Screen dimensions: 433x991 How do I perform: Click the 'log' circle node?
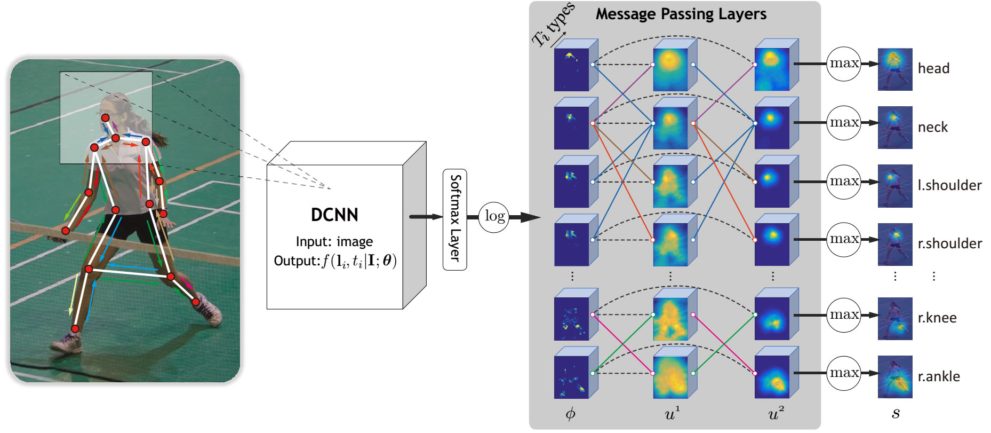coord(494,217)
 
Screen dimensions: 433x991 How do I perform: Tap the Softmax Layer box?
coord(454,219)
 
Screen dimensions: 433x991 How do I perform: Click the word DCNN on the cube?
coord(334,215)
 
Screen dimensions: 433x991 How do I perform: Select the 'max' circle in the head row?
coord(844,64)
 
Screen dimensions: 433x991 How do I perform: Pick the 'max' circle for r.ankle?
coord(844,373)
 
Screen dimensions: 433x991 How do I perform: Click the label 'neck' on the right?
coord(932,127)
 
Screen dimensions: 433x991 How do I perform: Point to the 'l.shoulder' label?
coord(949,185)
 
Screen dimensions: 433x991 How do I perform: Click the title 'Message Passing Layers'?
coord(681,14)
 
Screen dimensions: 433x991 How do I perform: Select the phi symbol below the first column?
coord(570,413)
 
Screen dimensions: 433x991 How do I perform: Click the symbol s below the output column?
coord(896,413)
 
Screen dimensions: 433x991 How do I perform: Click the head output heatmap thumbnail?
coord(894,69)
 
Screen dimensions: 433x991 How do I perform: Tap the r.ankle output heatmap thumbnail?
coord(894,377)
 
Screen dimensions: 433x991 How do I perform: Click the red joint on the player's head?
coord(106,117)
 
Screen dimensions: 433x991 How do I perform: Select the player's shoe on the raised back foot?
coord(210,312)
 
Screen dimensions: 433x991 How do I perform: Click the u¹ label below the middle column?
coord(672,413)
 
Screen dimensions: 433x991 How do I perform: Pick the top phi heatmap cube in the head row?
coord(572,68)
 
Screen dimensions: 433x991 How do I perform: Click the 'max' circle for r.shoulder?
coord(844,240)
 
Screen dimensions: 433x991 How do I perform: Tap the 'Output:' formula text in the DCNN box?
coord(335,261)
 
